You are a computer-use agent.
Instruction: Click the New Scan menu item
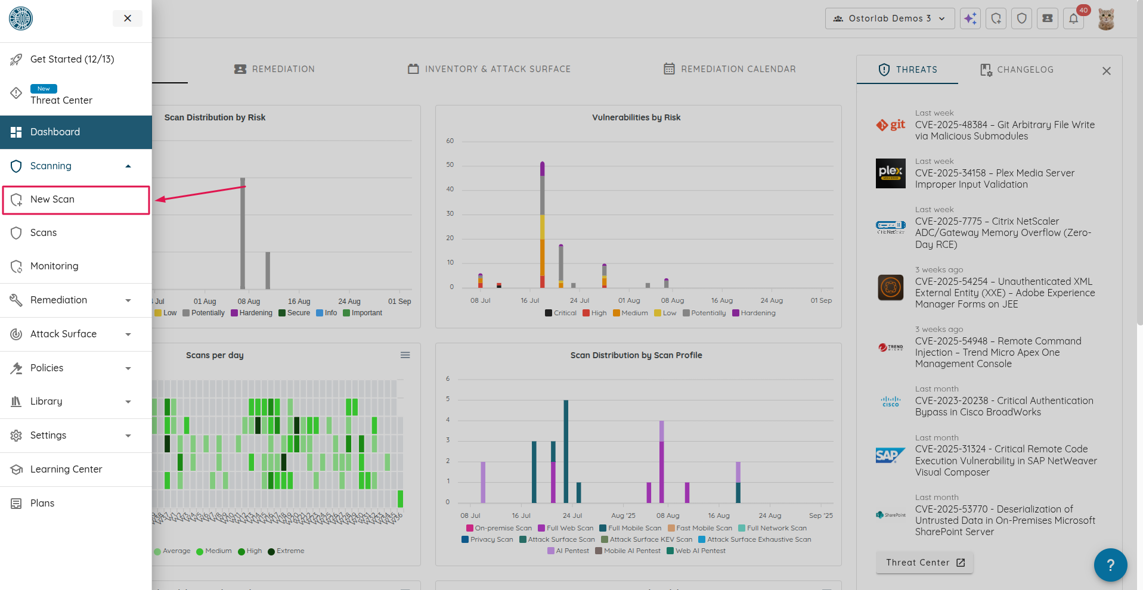[52, 200]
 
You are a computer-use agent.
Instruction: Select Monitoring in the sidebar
[54, 266]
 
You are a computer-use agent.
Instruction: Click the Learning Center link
[66, 470]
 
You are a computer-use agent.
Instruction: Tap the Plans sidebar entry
[42, 504]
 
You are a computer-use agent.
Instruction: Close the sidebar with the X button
[127, 18]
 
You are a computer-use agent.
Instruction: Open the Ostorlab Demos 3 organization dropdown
[890, 18]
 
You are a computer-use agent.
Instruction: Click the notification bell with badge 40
[1073, 18]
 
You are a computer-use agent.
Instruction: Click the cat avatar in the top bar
[1106, 18]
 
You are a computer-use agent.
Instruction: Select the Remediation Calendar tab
[730, 69]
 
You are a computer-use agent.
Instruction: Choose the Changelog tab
[1017, 70]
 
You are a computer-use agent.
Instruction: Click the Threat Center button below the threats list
[924, 563]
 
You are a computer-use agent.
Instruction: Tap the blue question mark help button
[1110, 565]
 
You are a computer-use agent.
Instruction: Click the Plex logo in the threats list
[890, 173]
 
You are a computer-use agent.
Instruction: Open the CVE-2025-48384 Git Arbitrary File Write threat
[1005, 131]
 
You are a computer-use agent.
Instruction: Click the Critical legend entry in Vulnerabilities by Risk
[560, 313]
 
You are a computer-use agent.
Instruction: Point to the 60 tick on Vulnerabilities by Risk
[450, 141]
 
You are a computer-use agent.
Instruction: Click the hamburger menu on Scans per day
[405, 355]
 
